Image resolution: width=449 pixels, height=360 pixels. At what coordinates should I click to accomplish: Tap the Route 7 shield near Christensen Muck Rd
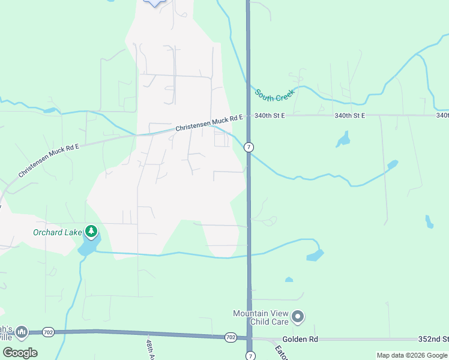pos(249,147)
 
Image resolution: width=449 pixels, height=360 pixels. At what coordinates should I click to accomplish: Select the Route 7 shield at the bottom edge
pos(251,356)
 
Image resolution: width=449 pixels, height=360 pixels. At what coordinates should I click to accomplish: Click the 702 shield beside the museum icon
pos(49,331)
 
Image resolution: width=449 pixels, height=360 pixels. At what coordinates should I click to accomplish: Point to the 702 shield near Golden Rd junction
pos(231,338)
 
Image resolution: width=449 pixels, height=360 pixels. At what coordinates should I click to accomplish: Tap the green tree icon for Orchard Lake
pos(91,231)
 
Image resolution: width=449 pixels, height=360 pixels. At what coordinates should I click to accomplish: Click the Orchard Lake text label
pos(56,232)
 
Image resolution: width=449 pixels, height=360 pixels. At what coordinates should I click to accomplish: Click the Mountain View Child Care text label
pos(261,317)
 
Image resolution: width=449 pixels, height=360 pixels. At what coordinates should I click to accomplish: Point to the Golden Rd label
pos(300,339)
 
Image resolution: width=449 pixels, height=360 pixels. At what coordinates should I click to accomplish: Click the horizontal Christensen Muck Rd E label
pos(209,123)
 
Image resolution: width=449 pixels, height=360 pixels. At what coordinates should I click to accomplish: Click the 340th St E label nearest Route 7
pos(268,115)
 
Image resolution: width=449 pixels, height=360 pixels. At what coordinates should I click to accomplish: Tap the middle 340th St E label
pos(350,115)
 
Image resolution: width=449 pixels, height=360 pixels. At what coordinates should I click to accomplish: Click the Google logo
pos(20,353)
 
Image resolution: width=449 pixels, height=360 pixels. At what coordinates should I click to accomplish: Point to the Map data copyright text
pos(412,355)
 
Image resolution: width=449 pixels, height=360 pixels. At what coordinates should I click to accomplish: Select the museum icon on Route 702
pos(22,331)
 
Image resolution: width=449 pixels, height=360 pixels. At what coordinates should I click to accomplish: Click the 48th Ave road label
pos(151,350)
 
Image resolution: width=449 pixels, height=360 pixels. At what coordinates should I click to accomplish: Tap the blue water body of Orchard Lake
pos(88,245)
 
